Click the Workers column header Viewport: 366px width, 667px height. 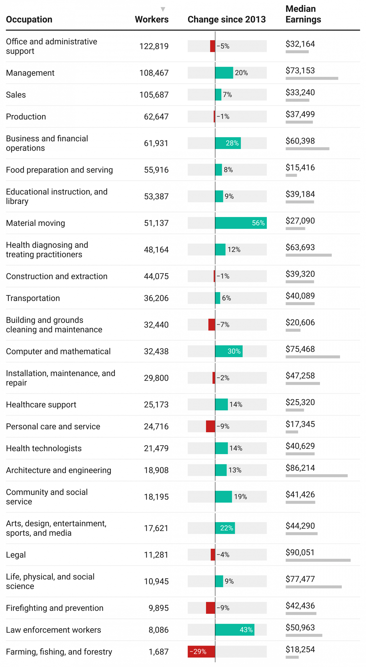[152, 20]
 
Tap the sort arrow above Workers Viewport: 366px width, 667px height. [163, 9]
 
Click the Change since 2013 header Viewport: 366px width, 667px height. [226, 20]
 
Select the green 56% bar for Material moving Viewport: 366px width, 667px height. [241, 223]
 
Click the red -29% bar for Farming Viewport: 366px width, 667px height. [201, 651]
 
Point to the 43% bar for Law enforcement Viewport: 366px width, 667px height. [235, 630]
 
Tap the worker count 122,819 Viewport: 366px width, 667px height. [154, 46]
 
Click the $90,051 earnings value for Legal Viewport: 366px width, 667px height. [300, 552]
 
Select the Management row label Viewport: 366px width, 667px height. [30, 73]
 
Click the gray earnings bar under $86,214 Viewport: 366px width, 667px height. [316, 476]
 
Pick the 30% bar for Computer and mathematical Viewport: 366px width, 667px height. [229, 351]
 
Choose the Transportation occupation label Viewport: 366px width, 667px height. [33, 298]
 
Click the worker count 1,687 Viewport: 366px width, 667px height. [158, 652]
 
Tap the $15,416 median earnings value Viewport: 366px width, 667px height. [300, 167]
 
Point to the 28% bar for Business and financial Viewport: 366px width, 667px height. [228, 143]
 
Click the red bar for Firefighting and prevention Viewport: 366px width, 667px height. [210, 608]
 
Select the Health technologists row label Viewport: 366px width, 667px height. [44, 448]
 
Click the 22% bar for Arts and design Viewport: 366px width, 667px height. [225, 528]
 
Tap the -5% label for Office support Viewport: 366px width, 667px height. [223, 46]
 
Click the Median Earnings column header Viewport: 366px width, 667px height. [303, 14]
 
